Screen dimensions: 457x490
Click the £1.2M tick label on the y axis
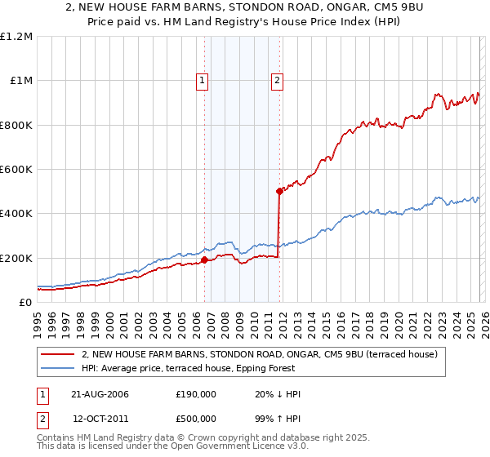pyautogui.click(x=16, y=37)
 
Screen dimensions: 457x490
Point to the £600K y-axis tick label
pyautogui.click(x=16, y=170)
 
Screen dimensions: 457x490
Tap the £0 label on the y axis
pyautogui.click(x=25, y=303)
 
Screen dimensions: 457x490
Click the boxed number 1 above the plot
pyautogui.click(x=202, y=80)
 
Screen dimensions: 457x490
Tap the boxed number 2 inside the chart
pyautogui.click(x=278, y=80)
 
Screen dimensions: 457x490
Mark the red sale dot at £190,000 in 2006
pyautogui.click(x=204, y=260)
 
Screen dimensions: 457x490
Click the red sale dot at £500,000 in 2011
pyautogui.click(x=279, y=192)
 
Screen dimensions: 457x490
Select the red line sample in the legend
pyautogui.click(x=58, y=354)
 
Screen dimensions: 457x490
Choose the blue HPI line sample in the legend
pyautogui.click(x=58, y=368)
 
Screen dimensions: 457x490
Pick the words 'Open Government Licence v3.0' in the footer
pyautogui.click(x=219, y=446)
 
